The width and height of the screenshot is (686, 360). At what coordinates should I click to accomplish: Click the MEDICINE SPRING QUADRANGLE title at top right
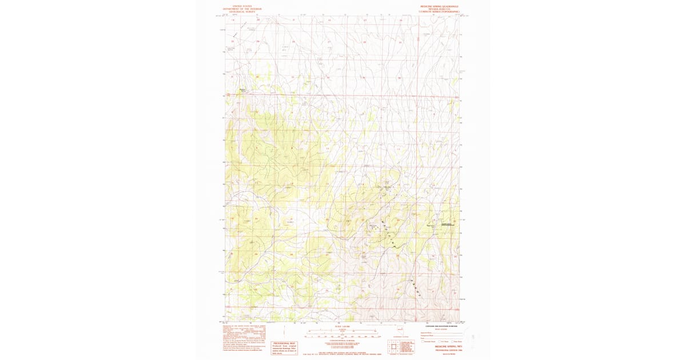click(x=440, y=6)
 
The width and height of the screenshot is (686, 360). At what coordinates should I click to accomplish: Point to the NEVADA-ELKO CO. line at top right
click(x=440, y=9)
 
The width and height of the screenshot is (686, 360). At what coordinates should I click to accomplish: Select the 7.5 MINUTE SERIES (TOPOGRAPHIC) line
click(x=440, y=12)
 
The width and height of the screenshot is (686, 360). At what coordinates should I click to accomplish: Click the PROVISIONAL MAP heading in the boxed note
click(x=284, y=343)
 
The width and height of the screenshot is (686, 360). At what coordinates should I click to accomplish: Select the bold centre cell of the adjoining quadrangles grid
click(x=393, y=347)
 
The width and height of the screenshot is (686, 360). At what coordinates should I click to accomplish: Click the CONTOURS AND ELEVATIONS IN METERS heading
click(x=440, y=325)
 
